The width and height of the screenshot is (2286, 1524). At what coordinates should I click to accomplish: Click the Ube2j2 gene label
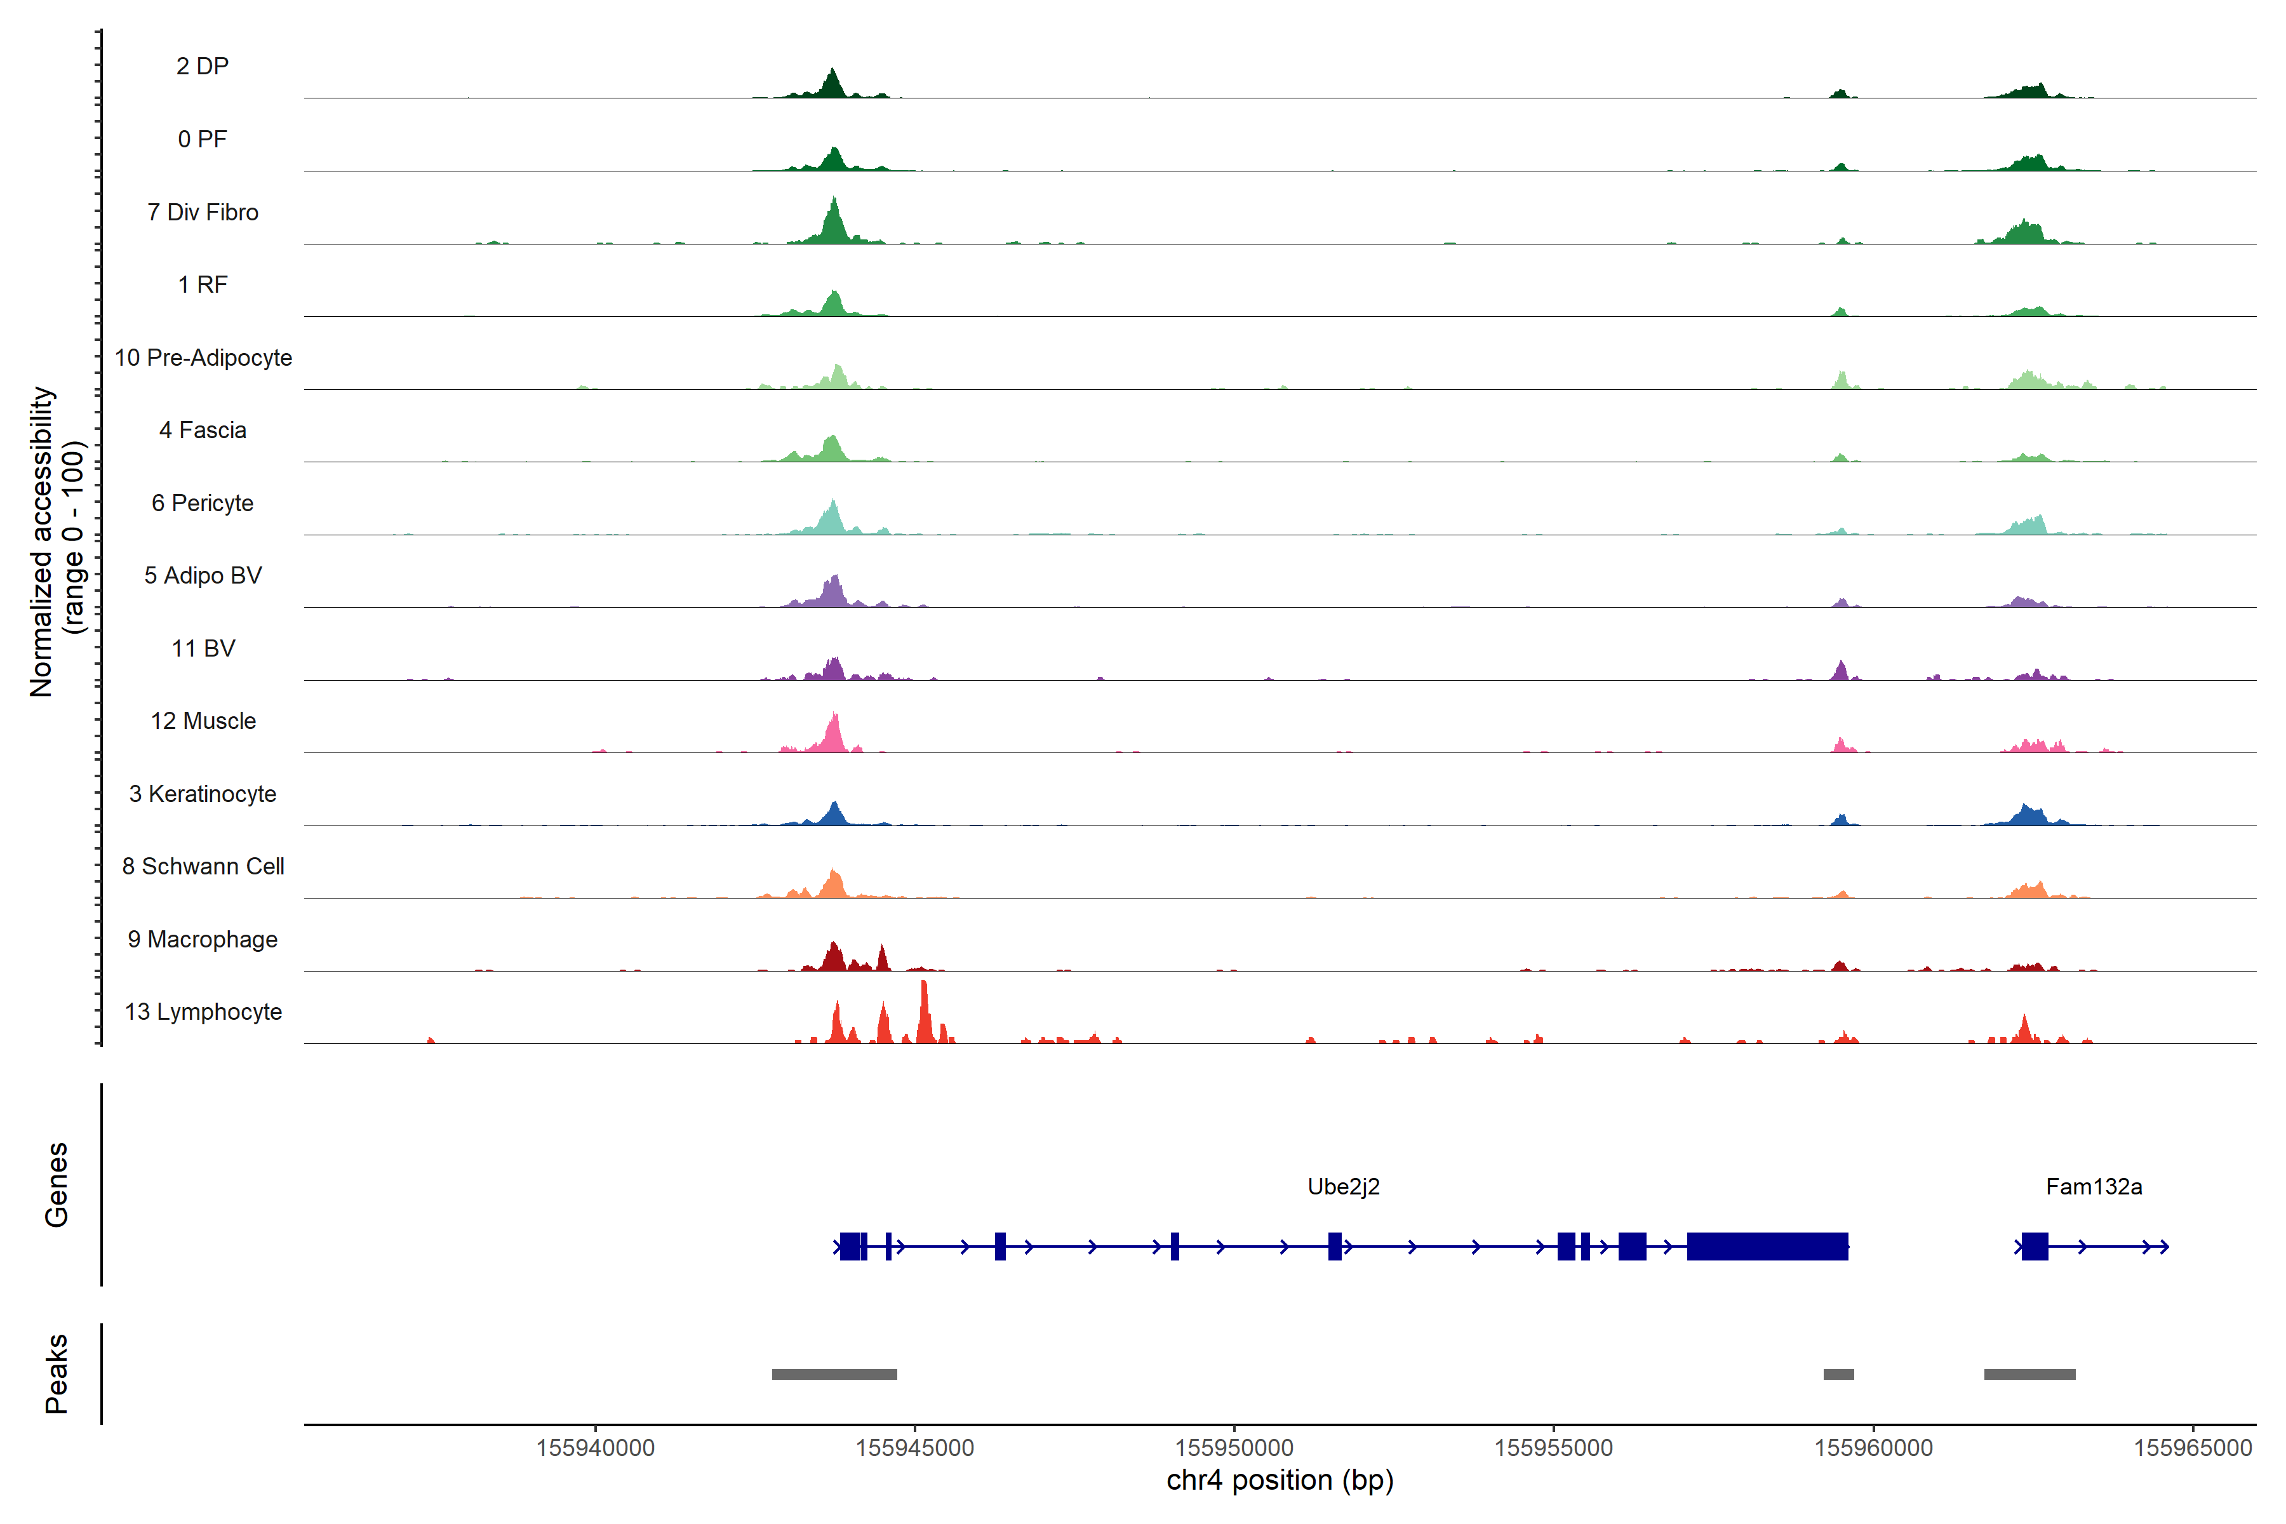click(x=1343, y=1187)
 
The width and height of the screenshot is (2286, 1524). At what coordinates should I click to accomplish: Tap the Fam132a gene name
click(x=2094, y=1187)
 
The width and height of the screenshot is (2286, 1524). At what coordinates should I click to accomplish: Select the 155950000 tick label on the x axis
click(x=1234, y=1448)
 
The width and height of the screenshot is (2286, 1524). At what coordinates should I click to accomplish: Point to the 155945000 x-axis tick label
click(x=914, y=1448)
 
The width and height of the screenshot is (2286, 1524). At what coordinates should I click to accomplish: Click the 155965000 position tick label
click(x=2193, y=1448)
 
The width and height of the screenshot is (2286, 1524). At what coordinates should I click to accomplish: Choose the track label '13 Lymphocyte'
click(x=203, y=1012)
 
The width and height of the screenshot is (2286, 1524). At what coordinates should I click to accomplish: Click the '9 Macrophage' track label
click(x=203, y=940)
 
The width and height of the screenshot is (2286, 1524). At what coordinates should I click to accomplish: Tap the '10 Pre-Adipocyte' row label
click(x=203, y=358)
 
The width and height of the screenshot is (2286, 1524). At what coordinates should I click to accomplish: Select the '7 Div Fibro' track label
click(x=203, y=212)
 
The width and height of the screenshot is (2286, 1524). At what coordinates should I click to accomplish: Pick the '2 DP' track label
click(x=203, y=66)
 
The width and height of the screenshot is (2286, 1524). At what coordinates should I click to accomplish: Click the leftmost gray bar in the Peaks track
click(x=834, y=1374)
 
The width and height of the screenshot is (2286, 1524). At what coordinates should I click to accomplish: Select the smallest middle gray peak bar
click(x=1838, y=1374)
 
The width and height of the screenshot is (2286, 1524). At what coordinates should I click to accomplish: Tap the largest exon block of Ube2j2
click(x=1767, y=1246)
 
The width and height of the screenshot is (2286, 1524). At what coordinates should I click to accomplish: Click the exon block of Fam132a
click(x=2035, y=1246)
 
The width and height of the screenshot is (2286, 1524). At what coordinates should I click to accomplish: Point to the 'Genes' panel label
click(x=57, y=1185)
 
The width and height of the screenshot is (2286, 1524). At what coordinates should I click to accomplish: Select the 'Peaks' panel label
click(x=57, y=1374)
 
